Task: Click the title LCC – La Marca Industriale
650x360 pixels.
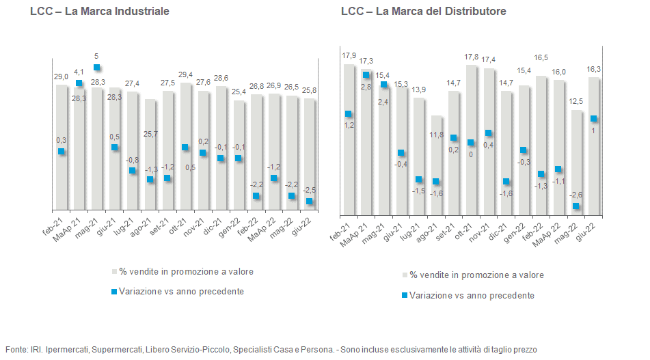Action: tap(100, 11)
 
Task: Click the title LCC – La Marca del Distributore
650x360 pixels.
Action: tap(424, 11)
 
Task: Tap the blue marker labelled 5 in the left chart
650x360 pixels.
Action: tap(96, 68)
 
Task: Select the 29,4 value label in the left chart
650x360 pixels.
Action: tap(185, 74)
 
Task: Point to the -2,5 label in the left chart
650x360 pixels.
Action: tap(309, 190)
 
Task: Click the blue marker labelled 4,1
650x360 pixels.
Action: tap(79, 83)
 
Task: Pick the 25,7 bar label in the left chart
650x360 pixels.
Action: tap(150, 134)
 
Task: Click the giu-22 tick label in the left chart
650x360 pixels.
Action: tap(301, 227)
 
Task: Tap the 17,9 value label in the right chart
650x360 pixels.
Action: tap(349, 55)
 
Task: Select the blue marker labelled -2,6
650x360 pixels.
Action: tap(575, 206)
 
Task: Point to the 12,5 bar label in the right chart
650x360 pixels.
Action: tap(575, 102)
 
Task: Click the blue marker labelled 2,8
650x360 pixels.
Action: tap(366, 75)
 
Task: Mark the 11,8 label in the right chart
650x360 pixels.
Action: tap(437, 135)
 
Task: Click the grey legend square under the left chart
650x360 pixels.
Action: tap(114, 272)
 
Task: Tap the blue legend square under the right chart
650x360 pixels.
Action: tap(404, 295)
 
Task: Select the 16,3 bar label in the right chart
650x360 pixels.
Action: tap(594, 69)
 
